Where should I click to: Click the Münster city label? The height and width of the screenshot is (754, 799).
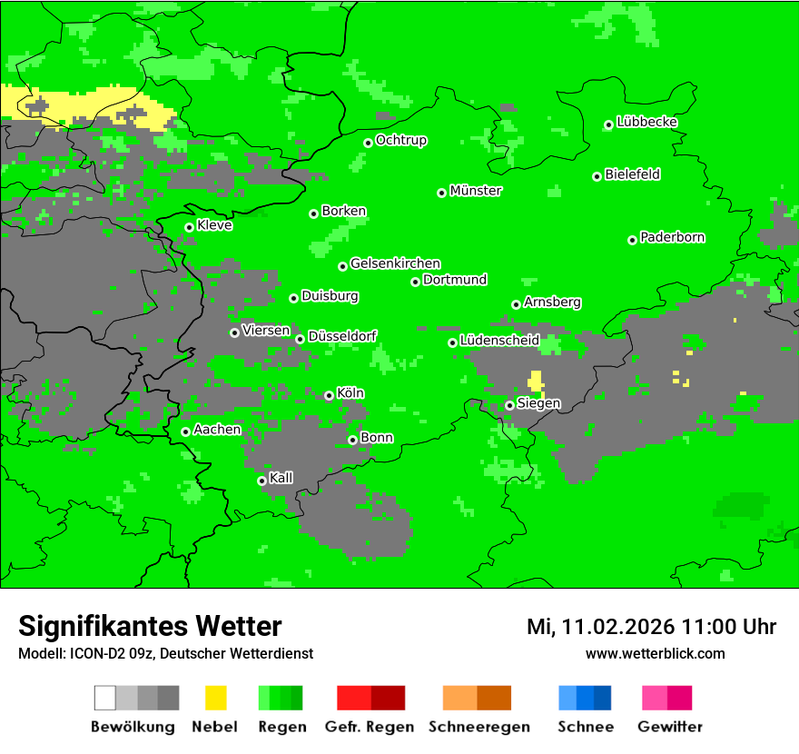click(x=476, y=191)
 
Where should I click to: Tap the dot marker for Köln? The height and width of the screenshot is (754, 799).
click(x=329, y=395)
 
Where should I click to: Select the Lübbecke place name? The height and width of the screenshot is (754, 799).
click(x=646, y=122)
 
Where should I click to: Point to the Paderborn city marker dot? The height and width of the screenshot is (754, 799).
click(x=632, y=240)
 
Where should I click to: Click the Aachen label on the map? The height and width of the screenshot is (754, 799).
click(x=217, y=429)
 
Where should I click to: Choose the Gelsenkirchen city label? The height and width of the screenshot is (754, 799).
click(x=395, y=263)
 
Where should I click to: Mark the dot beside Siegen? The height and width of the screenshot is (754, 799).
click(x=509, y=405)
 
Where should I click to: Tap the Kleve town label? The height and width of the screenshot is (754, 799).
click(x=214, y=225)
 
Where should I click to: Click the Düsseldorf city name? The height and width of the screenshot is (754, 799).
click(x=342, y=336)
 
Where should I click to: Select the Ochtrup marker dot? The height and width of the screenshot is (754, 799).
click(x=368, y=143)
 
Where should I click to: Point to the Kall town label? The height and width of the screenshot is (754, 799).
click(x=281, y=477)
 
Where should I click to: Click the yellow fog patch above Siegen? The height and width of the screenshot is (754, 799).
click(x=536, y=380)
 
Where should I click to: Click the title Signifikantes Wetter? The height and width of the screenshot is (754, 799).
click(x=150, y=626)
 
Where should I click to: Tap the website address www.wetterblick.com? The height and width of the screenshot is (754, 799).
click(x=655, y=653)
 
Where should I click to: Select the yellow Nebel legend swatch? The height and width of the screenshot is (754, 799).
click(x=215, y=698)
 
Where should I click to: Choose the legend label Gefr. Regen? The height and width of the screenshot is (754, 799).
click(x=370, y=727)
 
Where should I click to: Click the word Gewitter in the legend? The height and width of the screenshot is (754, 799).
click(x=670, y=727)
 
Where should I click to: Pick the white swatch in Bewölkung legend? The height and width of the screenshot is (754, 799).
click(x=105, y=698)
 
